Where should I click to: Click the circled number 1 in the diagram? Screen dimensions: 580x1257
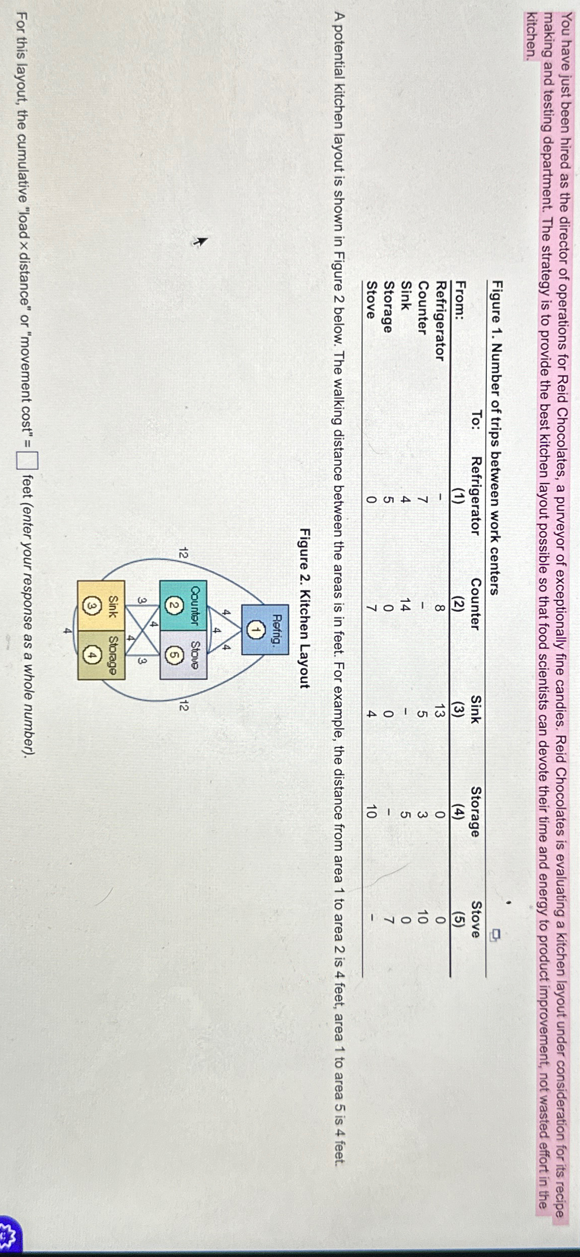click(258, 629)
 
